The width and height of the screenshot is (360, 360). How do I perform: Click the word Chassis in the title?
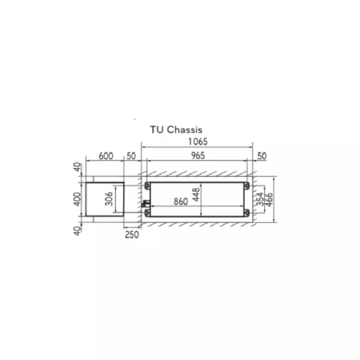tap(184, 130)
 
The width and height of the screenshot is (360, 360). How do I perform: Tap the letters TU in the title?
tap(157, 130)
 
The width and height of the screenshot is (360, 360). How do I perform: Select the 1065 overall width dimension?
tap(198, 142)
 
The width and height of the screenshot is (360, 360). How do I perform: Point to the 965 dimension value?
tap(198, 156)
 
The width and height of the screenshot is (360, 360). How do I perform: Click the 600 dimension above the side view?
tap(106, 156)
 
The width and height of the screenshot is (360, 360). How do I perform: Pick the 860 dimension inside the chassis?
tap(181, 202)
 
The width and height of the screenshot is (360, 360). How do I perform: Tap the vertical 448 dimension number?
tap(196, 195)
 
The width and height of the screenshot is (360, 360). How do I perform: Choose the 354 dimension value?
tap(260, 199)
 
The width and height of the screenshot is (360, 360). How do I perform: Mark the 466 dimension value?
tap(269, 199)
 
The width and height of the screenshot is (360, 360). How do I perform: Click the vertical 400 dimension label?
tap(78, 199)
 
